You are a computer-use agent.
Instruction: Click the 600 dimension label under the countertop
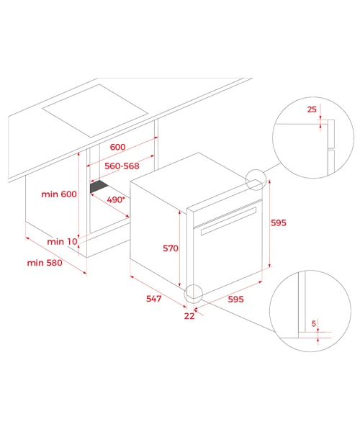(117, 147)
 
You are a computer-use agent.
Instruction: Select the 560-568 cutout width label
(122, 166)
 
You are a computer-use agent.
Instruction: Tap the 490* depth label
(116, 199)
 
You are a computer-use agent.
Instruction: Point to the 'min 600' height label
(59, 194)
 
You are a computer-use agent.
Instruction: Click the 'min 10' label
(62, 242)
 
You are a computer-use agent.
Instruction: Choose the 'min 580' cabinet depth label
(45, 263)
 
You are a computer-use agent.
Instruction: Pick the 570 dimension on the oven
(171, 248)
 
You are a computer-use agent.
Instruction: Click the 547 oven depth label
(153, 298)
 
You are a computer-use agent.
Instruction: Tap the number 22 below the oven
(189, 316)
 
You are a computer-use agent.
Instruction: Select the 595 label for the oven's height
(279, 222)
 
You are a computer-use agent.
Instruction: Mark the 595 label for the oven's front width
(235, 299)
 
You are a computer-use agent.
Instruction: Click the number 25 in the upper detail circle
(312, 109)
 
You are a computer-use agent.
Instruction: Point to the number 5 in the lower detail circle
(313, 323)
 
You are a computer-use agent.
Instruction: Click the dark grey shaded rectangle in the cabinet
(99, 186)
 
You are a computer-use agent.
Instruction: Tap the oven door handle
(228, 221)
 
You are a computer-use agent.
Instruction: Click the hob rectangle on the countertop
(95, 111)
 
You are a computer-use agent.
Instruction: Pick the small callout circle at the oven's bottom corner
(194, 284)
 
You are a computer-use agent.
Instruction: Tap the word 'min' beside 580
(35, 263)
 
